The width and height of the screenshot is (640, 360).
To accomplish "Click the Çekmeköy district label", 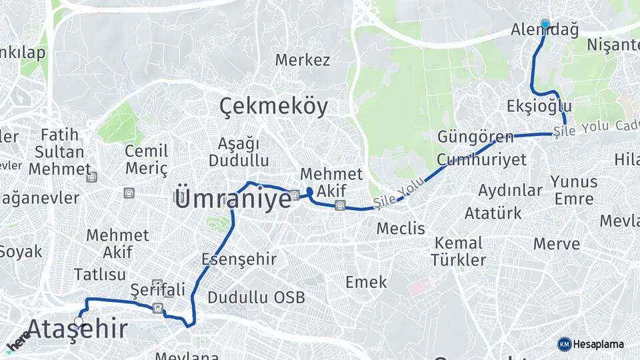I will coord(274,107).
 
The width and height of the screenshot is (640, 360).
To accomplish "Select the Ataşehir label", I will coord(77,329).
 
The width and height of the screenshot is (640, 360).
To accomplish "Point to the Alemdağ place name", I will coord(544,30).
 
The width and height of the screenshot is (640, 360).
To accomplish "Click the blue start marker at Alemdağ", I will coord(545,24).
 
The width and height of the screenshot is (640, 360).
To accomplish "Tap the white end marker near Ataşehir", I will coord(79,321).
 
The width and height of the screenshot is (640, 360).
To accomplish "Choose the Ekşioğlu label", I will coord(539,106).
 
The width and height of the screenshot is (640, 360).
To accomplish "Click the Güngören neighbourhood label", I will coord(475,137).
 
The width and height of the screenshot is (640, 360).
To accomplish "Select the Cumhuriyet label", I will coord(481,159).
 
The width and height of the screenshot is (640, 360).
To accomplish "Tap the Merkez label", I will coord(303,60).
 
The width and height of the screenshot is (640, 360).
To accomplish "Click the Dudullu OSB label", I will coord(256,297).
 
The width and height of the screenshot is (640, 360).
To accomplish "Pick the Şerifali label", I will coord(157,290).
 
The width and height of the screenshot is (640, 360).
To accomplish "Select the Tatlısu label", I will coord(100,275).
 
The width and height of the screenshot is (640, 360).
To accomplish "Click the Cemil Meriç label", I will coord(146,160).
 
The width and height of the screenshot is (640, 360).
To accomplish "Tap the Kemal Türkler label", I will coord(458,251).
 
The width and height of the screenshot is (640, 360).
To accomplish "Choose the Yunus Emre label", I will coord(573,190).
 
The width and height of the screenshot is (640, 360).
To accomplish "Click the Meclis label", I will coord(401,229).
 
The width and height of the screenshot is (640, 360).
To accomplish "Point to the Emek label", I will coord(366,282).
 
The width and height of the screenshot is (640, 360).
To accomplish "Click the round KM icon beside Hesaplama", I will coord(564,344).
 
